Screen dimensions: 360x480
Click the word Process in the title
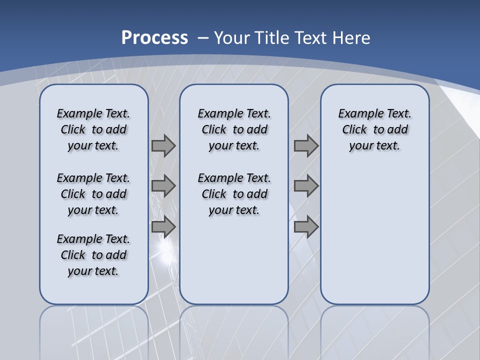coord(154,37)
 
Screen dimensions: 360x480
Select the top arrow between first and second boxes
coord(163,145)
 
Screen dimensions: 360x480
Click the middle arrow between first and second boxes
coord(163,186)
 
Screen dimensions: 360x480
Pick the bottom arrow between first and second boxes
coord(163,226)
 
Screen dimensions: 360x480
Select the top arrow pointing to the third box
coord(306,145)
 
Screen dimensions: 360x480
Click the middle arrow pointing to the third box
coord(306,186)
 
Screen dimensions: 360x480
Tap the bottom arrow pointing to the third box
coord(306,226)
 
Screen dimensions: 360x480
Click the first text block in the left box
coord(93,129)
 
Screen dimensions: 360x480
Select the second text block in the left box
coord(93,194)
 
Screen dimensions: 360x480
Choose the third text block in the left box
coord(93,255)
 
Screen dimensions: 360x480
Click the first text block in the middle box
coord(234,129)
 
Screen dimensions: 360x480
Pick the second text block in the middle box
coord(234,194)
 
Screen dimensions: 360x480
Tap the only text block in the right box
coord(374,129)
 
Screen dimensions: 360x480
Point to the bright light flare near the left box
coord(165,247)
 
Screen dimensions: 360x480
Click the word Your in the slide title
coord(232,38)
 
